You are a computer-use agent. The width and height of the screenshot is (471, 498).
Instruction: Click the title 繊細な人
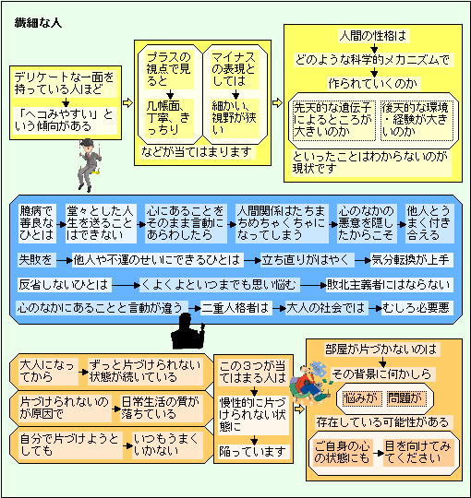(x=38, y=23)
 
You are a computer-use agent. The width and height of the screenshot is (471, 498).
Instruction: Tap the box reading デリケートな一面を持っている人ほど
(x=66, y=84)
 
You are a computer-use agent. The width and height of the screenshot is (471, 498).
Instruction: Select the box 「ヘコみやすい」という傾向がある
(x=66, y=121)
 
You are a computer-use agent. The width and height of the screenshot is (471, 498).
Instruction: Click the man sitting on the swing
(x=89, y=165)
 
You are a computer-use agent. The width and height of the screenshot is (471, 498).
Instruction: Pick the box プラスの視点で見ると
(x=170, y=70)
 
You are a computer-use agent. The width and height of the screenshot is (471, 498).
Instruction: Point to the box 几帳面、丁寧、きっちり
(x=170, y=118)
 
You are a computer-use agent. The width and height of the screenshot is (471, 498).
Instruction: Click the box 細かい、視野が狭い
(x=235, y=118)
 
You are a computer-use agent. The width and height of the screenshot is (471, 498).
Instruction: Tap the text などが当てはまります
(x=198, y=152)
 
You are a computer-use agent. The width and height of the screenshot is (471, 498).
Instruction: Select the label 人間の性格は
(x=373, y=36)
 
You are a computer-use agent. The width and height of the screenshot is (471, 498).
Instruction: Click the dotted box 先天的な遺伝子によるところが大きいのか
(x=332, y=121)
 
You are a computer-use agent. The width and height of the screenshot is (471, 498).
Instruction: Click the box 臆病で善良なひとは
(x=37, y=223)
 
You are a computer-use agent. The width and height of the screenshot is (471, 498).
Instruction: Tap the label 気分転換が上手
(x=411, y=260)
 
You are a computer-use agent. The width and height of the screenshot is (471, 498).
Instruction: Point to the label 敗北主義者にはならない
(x=389, y=285)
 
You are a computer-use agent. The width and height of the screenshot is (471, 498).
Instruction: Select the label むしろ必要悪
(x=417, y=308)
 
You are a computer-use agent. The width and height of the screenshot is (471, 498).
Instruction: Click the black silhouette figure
(x=187, y=332)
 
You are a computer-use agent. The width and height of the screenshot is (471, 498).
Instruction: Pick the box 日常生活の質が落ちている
(x=161, y=409)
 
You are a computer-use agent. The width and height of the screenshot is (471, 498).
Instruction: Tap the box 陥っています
(x=253, y=452)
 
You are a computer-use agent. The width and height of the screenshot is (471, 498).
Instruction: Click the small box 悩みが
(x=362, y=398)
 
